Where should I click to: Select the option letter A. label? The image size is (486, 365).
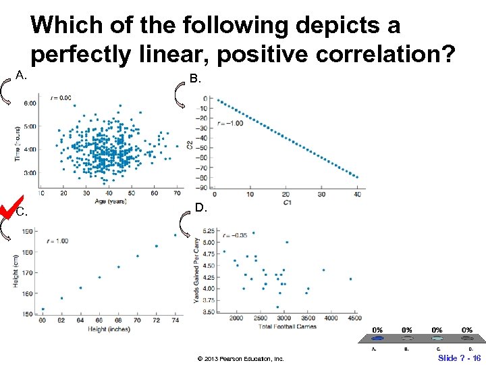(21, 75)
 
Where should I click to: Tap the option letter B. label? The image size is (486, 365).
(195, 79)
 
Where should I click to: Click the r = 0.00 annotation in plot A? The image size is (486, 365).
(61, 98)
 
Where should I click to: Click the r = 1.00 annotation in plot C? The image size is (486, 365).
(59, 241)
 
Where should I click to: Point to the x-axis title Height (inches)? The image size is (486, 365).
(108, 328)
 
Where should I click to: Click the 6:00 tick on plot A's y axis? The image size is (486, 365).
(30, 103)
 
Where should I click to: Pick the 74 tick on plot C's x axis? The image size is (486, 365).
(175, 320)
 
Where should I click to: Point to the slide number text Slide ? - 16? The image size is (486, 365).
(459, 358)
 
